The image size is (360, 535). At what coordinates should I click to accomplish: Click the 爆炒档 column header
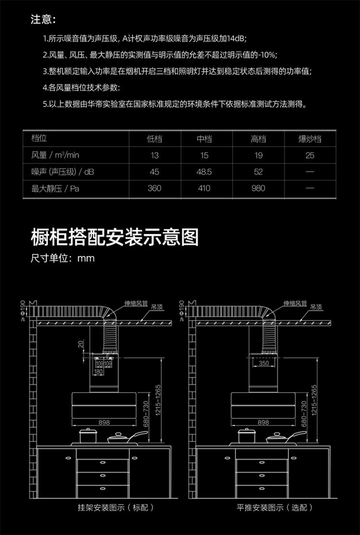(310, 139)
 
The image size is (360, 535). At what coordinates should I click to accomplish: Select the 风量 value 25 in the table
(310, 155)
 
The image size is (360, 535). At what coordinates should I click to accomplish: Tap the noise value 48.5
(204, 172)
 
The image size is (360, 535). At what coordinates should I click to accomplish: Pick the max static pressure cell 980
(258, 188)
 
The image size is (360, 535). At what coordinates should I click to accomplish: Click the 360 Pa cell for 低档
(155, 188)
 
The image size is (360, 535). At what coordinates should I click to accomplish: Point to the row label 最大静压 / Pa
(55, 188)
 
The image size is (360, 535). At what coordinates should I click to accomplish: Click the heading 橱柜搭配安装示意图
(114, 237)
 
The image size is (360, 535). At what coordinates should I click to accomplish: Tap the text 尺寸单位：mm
(62, 259)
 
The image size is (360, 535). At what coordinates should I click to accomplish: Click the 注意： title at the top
(43, 20)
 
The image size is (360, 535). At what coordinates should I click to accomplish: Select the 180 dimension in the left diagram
(98, 372)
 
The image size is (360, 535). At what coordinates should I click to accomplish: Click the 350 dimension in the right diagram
(264, 363)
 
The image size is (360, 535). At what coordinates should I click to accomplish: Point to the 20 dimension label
(81, 344)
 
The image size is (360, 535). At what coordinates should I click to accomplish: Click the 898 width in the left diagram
(104, 422)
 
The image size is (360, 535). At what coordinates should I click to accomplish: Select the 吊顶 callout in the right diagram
(316, 307)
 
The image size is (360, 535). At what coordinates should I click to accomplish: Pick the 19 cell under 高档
(258, 155)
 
